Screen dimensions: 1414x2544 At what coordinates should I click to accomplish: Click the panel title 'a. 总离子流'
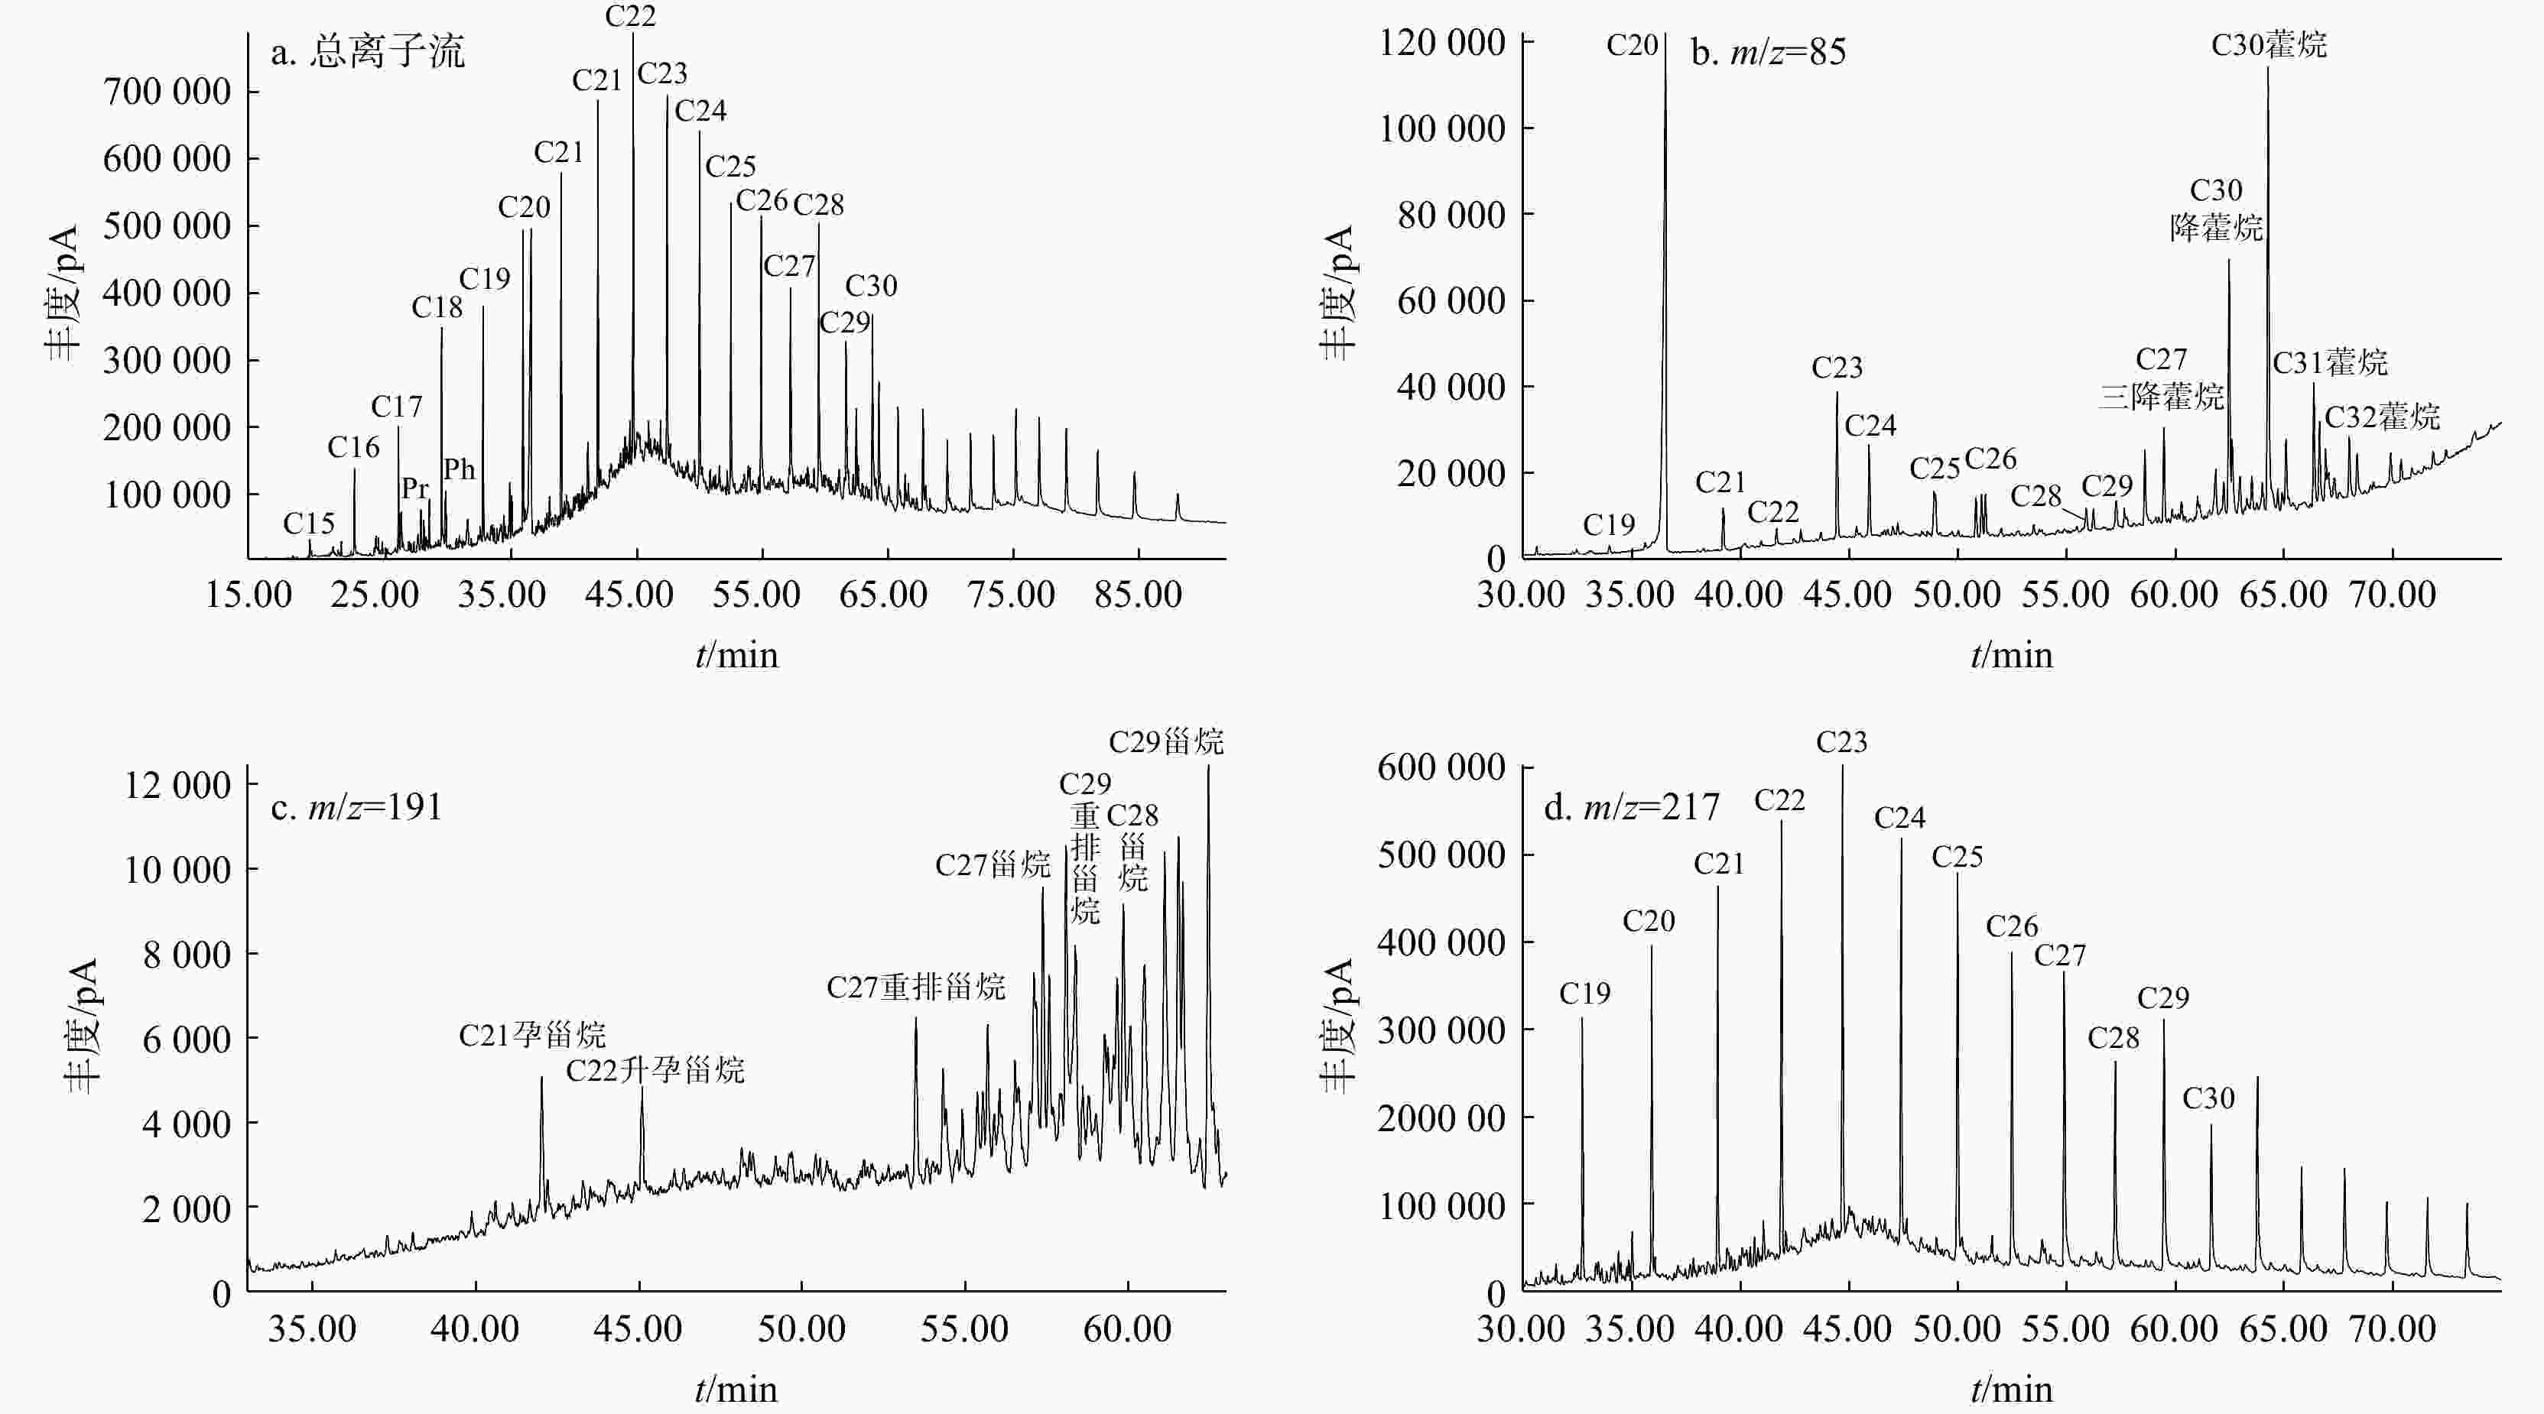pyautogui.click(x=367, y=51)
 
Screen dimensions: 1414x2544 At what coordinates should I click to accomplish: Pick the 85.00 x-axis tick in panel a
pyautogui.click(x=1138, y=595)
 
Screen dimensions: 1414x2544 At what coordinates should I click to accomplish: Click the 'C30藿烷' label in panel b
pyautogui.click(x=2269, y=44)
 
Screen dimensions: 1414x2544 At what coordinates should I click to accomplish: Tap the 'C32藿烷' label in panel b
pyautogui.click(x=2382, y=417)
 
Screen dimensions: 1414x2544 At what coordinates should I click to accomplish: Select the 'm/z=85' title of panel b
pyautogui.click(x=1768, y=51)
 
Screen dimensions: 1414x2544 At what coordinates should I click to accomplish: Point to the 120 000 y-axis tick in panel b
pyautogui.click(x=1442, y=43)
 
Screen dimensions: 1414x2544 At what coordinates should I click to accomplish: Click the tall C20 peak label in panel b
pyautogui.click(x=1632, y=44)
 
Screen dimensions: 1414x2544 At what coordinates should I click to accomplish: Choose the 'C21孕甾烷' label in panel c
pyautogui.click(x=532, y=1035)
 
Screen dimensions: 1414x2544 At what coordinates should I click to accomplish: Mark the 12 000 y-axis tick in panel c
pyautogui.click(x=177, y=785)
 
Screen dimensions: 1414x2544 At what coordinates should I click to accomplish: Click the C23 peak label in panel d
pyautogui.click(x=1842, y=741)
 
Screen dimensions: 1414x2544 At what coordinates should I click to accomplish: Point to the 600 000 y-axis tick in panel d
pyautogui.click(x=1442, y=767)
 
